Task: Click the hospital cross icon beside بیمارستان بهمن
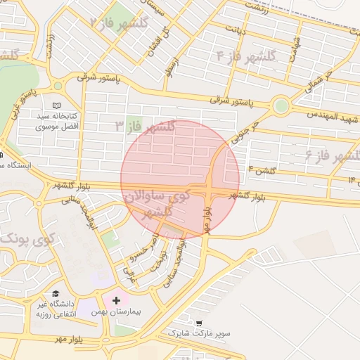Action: pyautogui.click(x=116, y=300)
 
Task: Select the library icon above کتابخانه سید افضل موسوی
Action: pyautogui.click(x=48, y=103)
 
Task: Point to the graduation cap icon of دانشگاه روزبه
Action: pyautogui.click(x=54, y=294)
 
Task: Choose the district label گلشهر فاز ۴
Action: pyautogui.click(x=246, y=55)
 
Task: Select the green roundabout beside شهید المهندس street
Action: pyautogui.click(x=281, y=107)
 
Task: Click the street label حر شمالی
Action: pyautogui.click(x=315, y=83)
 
